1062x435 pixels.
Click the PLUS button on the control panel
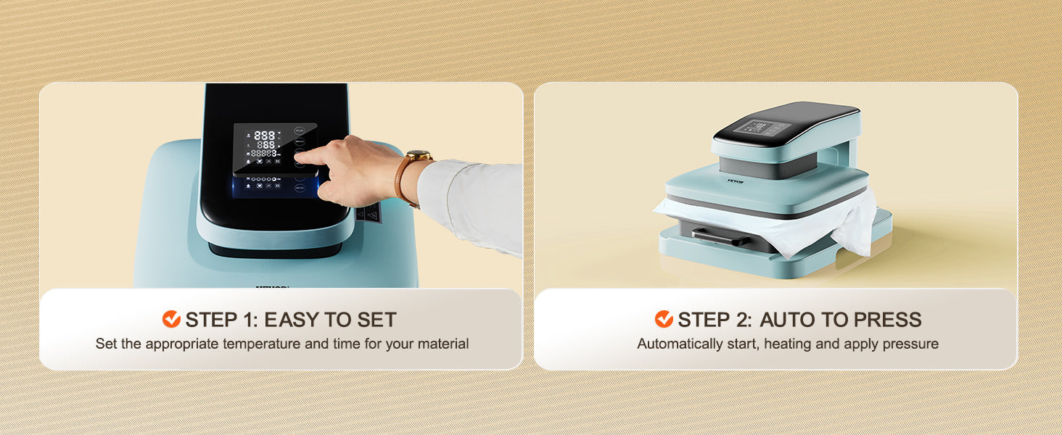pos(300,130)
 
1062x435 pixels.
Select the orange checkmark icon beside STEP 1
pos(171,319)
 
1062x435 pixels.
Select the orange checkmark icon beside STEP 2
pos(664,319)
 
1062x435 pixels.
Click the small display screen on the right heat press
pos(757,127)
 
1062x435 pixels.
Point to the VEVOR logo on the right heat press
pos(736,181)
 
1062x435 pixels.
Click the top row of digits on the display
pos(265,136)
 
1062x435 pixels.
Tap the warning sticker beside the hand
pos(369,213)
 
